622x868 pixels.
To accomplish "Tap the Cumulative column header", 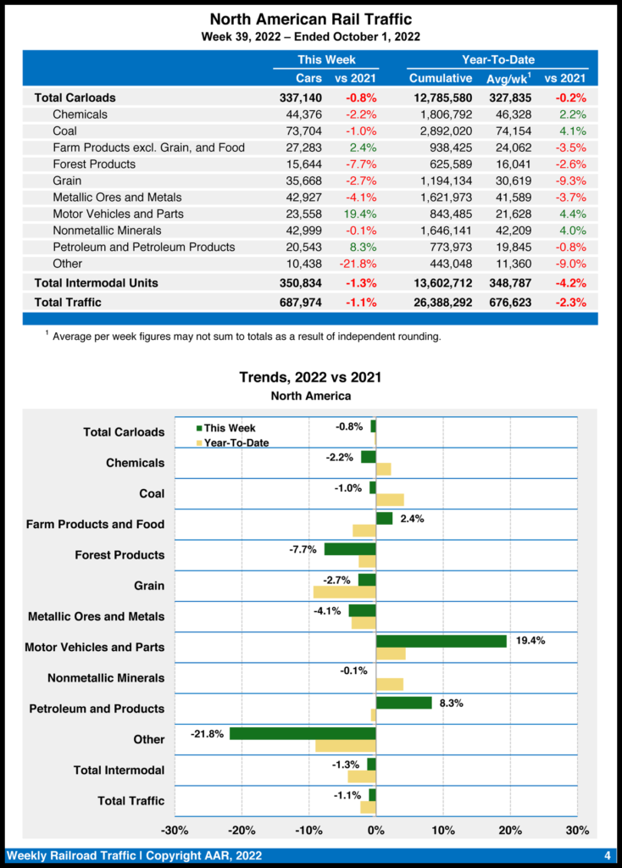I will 441,78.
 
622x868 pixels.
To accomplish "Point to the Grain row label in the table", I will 67,181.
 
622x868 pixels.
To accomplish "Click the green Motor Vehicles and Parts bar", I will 442,641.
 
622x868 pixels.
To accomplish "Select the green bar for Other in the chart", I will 303,733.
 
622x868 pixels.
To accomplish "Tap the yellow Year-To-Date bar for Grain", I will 344,592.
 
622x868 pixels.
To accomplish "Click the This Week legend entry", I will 228,428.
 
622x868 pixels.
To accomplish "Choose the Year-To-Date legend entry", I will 235,442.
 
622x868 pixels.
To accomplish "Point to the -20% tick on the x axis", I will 242,830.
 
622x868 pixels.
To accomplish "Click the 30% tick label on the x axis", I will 576,830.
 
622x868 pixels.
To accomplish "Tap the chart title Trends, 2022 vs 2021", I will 310,377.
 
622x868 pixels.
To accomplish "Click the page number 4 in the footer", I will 607,854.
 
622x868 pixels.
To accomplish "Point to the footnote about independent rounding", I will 246,337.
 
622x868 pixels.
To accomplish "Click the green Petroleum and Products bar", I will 403,703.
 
